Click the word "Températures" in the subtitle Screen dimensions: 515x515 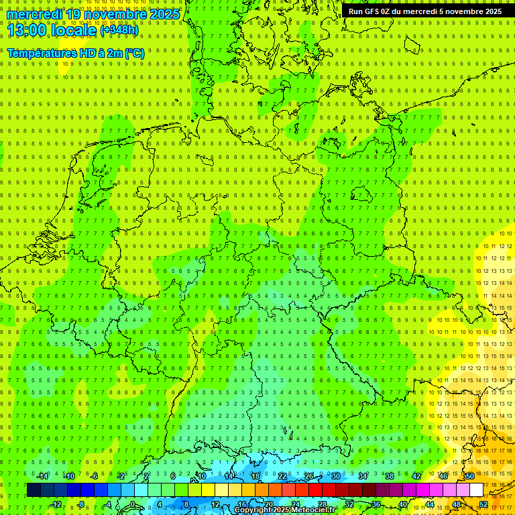pos(41,53)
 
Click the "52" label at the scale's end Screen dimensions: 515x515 pos(483,504)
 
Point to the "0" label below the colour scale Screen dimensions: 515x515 pos(133,504)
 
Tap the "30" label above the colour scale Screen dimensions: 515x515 pos(335,476)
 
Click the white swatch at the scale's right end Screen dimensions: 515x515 pos(476,490)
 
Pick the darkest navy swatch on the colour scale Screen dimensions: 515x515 pos(34,490)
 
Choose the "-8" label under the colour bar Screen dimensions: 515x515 pos(80,504)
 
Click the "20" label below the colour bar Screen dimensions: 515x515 pos(268,504)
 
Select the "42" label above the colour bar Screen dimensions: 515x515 pos(416,476)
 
